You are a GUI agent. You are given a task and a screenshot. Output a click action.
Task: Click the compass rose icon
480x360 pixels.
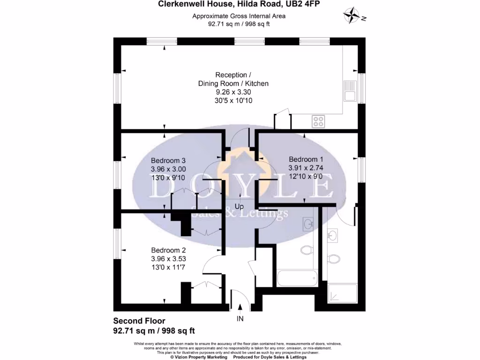coord(352,15)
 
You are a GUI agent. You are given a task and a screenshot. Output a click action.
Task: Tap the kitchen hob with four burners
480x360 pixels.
coord(319,121)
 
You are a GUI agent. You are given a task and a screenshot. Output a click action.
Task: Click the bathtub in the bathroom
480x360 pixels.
coord(297,278)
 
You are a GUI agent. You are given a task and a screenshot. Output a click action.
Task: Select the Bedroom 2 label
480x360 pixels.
coord(168,250)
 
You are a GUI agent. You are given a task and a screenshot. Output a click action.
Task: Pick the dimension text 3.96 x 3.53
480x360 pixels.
coord(168,258)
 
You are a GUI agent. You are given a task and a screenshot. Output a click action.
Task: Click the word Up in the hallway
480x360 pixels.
coord(239,207)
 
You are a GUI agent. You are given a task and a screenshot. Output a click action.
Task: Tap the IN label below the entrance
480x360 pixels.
coord(240,319)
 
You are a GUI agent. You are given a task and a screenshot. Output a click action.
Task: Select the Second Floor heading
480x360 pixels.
coord(139,322)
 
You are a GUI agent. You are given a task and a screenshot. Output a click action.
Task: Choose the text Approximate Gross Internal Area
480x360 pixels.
coord(239,16)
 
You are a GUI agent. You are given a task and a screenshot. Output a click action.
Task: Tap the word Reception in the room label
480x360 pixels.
coord(230,75)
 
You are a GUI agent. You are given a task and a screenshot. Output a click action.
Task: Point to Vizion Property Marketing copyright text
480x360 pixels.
coord(199,357)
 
